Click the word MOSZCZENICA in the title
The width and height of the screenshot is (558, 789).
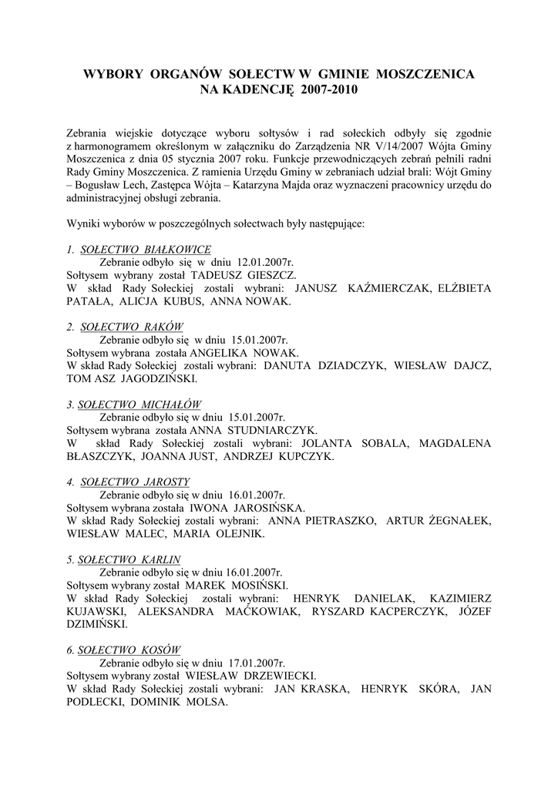(x=425, y=74)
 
